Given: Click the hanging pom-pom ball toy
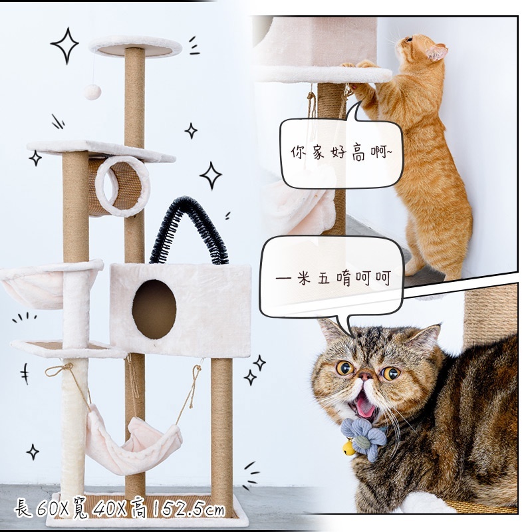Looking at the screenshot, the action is (x=92, y=92).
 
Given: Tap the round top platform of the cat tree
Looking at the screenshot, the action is (x=136, y=46).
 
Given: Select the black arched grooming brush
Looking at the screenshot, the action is (x=189, y=229).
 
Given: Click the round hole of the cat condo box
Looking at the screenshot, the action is (x=154, y=309).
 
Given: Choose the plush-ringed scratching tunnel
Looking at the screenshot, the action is (x=119, y=186).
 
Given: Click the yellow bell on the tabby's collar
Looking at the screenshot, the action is (x=348, y=448).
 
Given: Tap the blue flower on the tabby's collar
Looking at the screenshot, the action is (x=364, y=438).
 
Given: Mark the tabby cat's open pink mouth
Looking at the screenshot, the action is (x=364, y=404).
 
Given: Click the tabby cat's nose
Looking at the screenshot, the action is (x=365, y=375).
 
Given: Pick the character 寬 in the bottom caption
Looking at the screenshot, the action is (x=80, y=509).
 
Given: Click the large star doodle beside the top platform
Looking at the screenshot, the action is (x=65, y=45).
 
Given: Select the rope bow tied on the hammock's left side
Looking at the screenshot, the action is (x=61, y=369).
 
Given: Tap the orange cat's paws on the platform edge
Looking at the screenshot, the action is (x=361, y=65).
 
